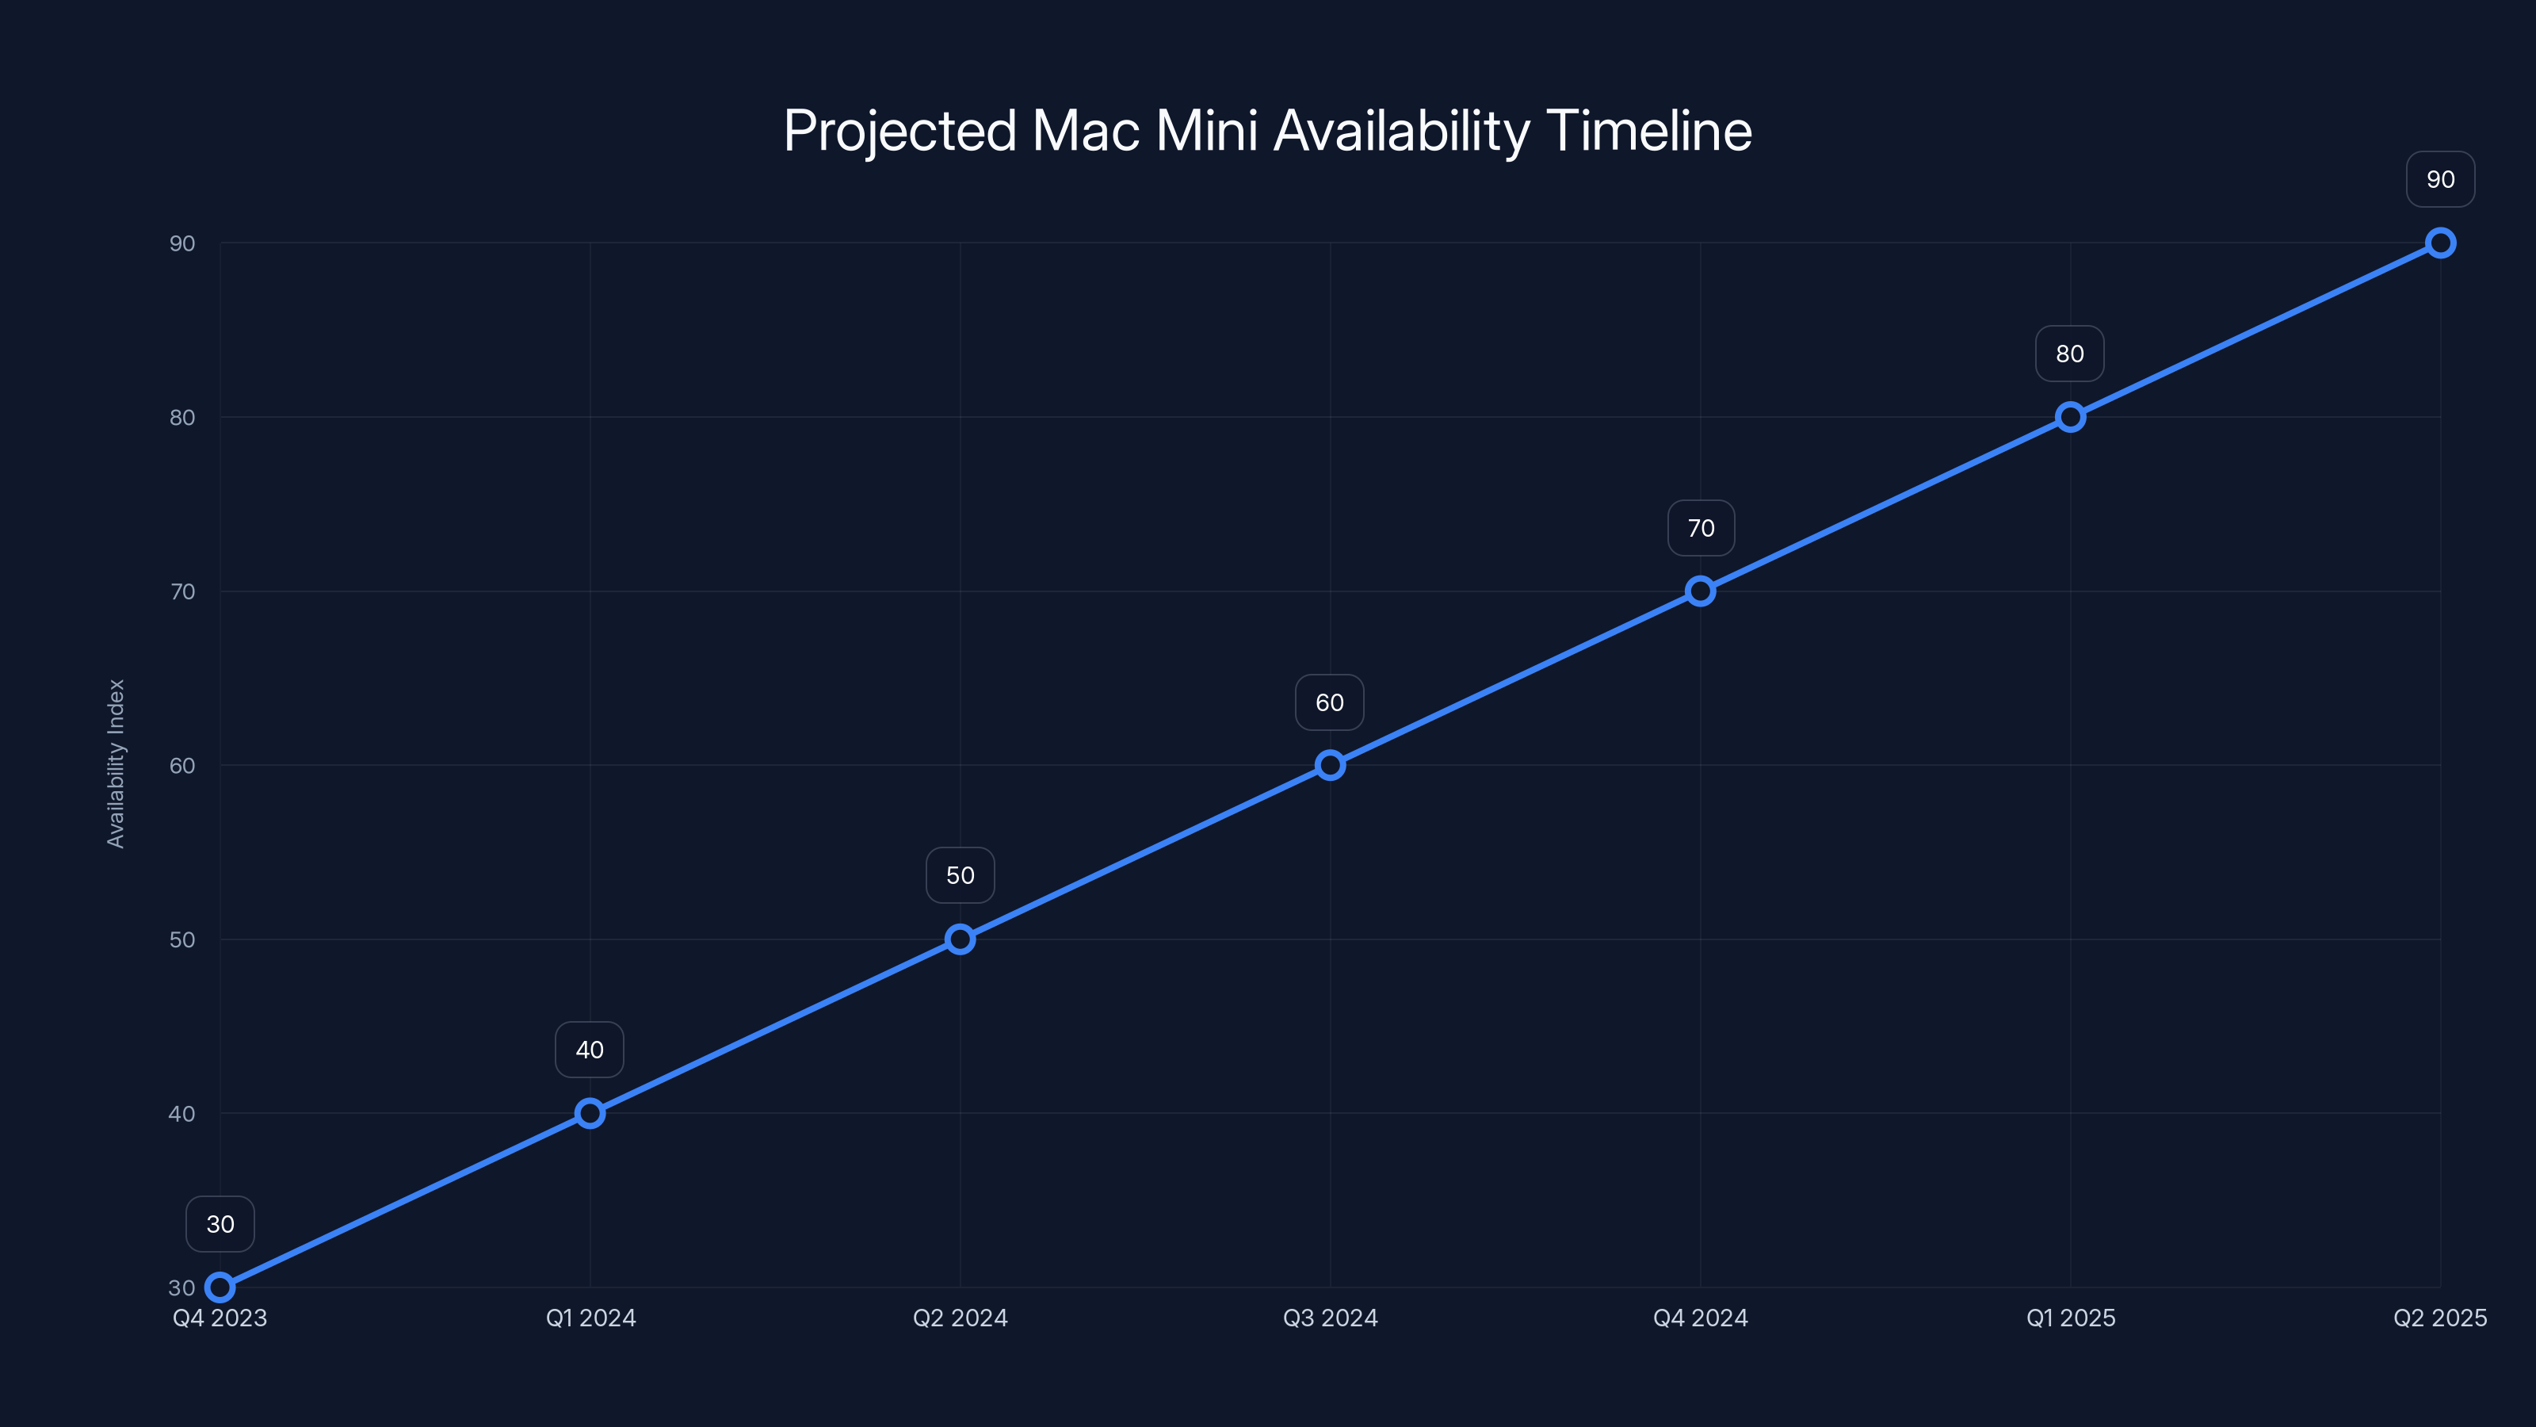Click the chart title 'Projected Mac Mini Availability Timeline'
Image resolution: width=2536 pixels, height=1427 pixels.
[1267, 131]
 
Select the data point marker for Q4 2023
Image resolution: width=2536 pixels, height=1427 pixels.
[220, 1287]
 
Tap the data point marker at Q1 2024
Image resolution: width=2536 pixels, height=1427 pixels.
[590, 1113]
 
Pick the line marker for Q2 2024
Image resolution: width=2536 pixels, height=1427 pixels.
[960, 939]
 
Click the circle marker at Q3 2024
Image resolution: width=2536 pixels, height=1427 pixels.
[1330, 765]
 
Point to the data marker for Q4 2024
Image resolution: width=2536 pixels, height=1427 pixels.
[1700, 591]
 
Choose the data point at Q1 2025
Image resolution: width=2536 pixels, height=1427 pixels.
[2070, 416]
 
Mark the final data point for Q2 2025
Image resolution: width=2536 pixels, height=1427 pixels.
[2441, 243]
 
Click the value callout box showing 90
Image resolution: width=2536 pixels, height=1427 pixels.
[2441, 179]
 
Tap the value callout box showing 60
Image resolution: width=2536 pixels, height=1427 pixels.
[1330, 702]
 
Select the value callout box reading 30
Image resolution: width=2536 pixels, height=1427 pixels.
[220, 1224]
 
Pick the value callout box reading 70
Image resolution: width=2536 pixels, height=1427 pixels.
[1700, 528]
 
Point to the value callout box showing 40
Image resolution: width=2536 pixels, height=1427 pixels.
[590, 1050]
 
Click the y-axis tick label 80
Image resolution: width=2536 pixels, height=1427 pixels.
[182, 418]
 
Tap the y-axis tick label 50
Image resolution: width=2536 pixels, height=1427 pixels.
[182, 939]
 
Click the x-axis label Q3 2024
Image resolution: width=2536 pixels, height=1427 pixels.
[1330, 1318]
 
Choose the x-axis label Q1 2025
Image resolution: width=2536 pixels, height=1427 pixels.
[2070, 1318]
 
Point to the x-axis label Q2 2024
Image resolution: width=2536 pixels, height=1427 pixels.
[960, 1318]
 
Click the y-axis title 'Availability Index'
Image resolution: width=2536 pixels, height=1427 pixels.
[116, 763]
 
